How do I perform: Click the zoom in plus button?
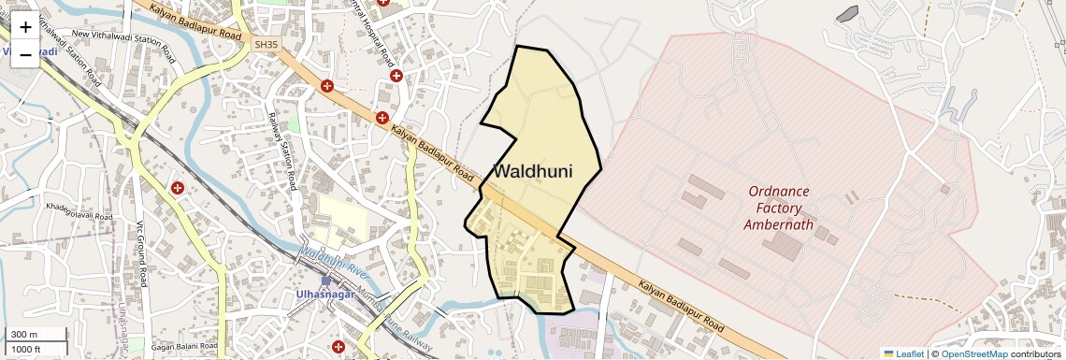(25, 26)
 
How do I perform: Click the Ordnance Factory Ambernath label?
(778, 208)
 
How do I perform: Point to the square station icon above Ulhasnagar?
(325, 280)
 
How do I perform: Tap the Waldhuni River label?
(334, 260)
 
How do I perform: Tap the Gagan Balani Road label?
(184, 347)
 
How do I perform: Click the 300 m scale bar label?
(25, 335)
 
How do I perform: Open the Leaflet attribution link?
(903, 353)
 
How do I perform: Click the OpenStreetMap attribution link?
(973, 353)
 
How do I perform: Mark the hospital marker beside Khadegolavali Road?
(177, 188)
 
